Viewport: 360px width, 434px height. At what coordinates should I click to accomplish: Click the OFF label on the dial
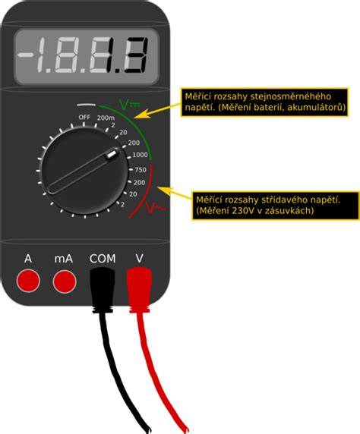[84, 117]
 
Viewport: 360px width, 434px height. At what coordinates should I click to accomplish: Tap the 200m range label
[106, 118]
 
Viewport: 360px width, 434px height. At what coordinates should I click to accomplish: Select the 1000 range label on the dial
[140, 155]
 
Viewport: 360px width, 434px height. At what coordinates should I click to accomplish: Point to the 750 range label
[141, 170]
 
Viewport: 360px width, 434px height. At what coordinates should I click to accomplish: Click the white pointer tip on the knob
[112, 153]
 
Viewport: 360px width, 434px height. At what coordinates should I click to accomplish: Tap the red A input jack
[28, 281]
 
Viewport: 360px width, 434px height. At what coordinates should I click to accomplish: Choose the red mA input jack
[65, 281]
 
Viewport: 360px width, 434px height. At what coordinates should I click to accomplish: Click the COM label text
[103, 259]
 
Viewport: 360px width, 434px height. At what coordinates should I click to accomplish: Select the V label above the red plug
[139, 258]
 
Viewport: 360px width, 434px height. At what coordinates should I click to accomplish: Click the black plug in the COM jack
[103, 289]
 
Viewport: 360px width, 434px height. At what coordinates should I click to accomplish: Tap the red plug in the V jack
[139, 290]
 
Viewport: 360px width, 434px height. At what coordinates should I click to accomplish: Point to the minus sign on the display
[24, 55]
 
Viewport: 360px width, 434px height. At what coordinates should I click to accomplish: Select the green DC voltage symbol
[129, 103]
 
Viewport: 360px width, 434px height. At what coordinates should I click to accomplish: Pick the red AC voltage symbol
[154, 207]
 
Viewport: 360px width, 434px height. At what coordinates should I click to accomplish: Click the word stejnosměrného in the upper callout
[291, 96]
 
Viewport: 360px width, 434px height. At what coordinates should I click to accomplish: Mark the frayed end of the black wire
[149, 429]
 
